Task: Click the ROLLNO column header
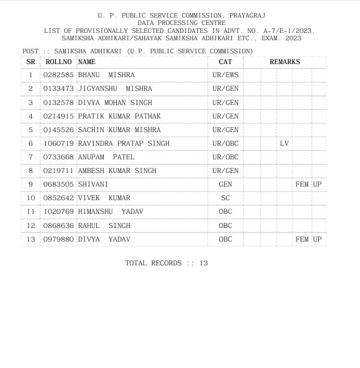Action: click(58, 62)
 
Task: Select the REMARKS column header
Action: click(285, 62)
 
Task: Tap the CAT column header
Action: click(225, 62)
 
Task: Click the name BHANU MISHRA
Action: click(106, 75)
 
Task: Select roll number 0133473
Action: click(58, 89)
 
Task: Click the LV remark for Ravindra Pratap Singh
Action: click(284, 143)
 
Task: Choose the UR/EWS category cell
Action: click(225, 75)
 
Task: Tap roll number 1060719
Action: click(58, 143)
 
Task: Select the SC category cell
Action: click(225, 198)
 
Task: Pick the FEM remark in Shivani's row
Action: click(302, 184)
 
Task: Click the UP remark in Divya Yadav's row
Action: click(317, 239)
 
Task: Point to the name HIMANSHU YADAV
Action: click(111, 212)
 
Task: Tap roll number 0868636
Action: click(58, 226)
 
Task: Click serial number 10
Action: click(31, 198)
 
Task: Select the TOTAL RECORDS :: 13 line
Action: click(167, 263)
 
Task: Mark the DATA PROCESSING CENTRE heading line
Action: click(180, 23)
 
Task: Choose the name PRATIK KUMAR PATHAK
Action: click(119, 116)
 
